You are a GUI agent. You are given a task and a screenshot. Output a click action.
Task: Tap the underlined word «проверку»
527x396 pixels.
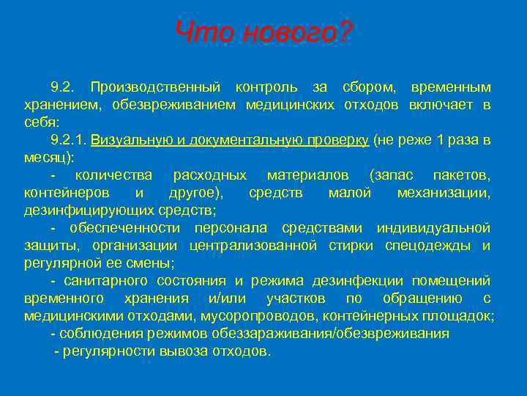(337, 139)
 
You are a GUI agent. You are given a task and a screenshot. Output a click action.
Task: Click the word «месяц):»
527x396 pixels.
(49, 157)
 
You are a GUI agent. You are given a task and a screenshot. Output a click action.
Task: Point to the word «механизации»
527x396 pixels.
(444, 192)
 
